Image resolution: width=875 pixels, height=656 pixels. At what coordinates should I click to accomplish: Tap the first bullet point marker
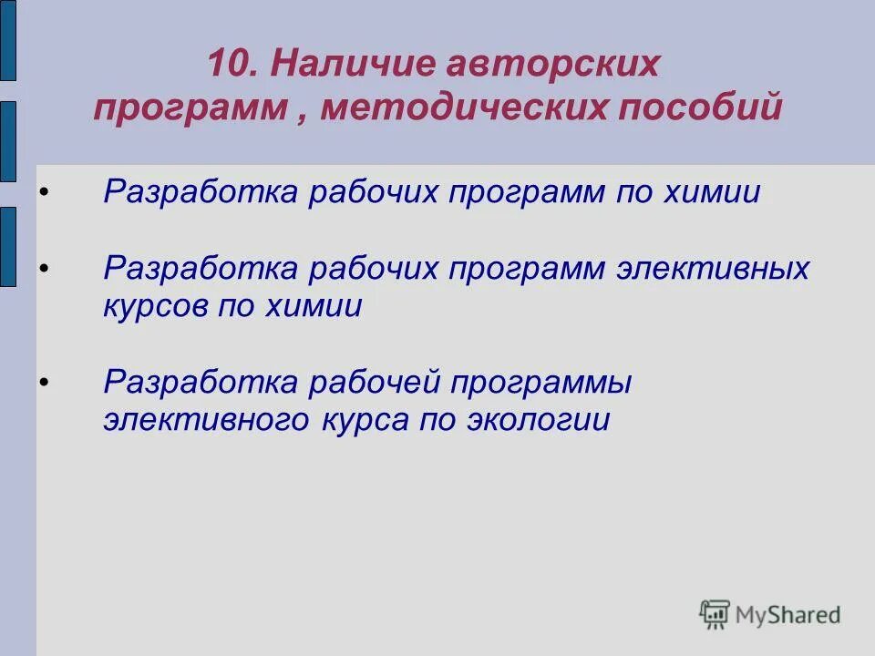pos(45,192)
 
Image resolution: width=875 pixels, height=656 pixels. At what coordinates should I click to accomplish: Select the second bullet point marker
pos(45,270)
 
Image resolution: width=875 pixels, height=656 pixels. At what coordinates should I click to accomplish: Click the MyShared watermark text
pos(788,615)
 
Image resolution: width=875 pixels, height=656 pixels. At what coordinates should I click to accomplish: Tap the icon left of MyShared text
pos(715,614)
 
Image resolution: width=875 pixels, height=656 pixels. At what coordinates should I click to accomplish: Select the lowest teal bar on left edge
pos(7,247)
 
